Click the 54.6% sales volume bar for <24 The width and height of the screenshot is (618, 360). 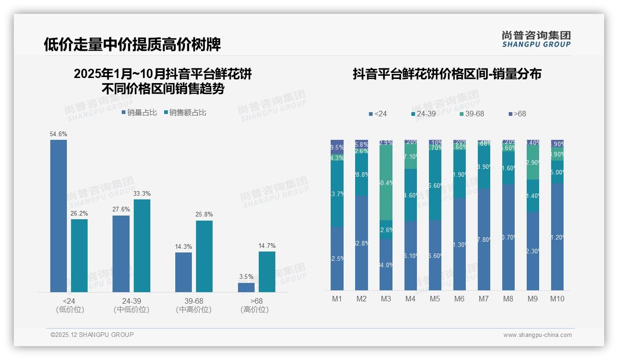59,216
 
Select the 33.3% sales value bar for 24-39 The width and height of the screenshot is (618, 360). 142,246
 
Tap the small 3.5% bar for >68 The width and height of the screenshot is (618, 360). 246,287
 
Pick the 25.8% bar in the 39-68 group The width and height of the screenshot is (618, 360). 204,256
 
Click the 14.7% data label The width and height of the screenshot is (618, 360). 267,246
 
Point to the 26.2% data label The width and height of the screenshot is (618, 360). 79,213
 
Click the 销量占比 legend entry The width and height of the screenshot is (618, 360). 139,113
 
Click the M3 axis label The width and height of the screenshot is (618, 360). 386,299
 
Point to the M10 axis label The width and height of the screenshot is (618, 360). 557,299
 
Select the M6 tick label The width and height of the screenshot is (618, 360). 459,299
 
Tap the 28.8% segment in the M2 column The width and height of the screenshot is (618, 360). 362,174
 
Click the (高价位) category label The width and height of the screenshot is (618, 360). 255,310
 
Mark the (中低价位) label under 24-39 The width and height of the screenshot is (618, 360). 131,310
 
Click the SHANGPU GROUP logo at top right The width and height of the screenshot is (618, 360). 536,39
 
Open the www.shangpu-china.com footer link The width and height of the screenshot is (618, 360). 537,335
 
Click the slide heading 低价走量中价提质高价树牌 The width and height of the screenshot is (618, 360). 132,44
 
